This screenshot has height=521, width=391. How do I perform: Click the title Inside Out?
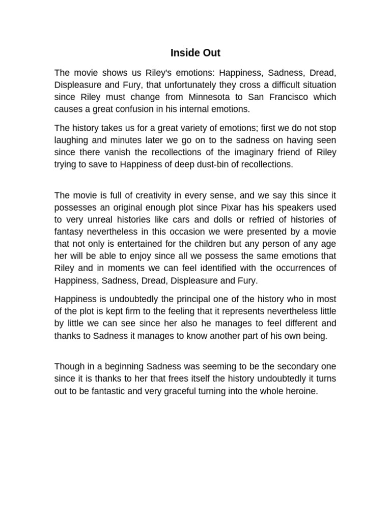tap(195, 52)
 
